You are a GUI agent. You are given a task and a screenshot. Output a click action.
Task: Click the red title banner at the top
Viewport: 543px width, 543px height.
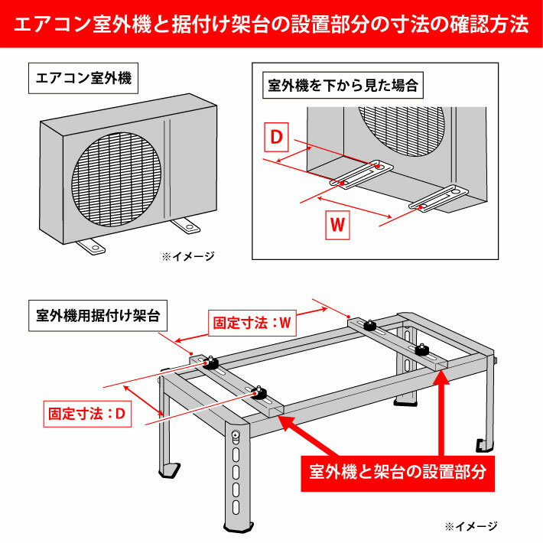coord(271,23)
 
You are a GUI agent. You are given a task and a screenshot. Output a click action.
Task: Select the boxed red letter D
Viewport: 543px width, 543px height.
coord(277,137)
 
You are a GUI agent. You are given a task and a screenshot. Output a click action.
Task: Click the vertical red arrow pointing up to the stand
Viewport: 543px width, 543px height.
coord(441,413)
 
